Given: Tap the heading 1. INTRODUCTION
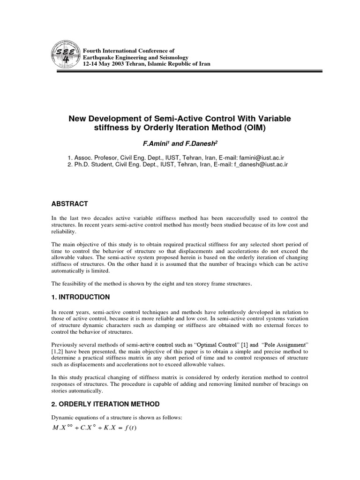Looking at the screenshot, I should (81, 297).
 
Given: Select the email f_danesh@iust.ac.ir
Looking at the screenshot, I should (261, 165).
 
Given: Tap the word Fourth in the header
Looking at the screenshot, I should (91, 50).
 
